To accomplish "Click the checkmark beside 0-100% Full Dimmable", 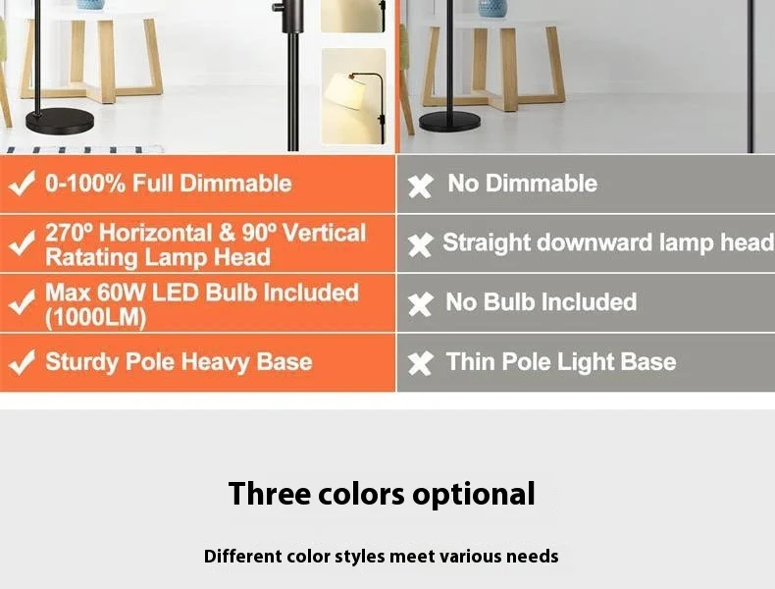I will coord(22,185).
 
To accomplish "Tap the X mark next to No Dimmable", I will coord(420,186).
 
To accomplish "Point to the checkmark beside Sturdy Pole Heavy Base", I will coord(22,362).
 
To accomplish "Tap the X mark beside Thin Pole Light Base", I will coord(420,363).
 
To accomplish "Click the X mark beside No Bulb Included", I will coord(420,304).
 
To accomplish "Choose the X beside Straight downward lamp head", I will coord(420,244).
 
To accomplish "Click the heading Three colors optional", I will coord(382,493).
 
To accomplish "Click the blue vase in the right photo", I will coord(491,8).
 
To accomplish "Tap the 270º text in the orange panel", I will coord(69,234).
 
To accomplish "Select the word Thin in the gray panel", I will coord(470,361).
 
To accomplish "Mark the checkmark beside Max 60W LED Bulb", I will coord(22,303).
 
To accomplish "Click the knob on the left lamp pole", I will coord(279,9).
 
